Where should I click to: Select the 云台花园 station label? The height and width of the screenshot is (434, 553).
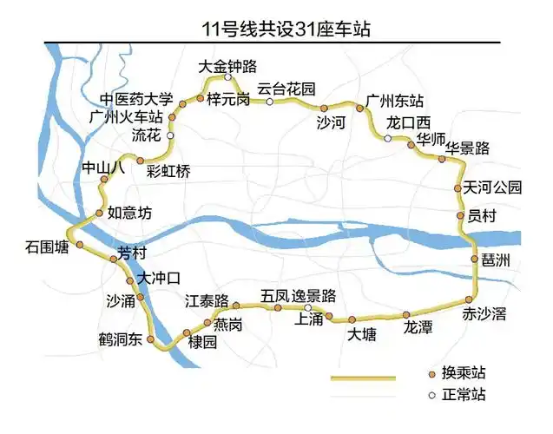(286, 89)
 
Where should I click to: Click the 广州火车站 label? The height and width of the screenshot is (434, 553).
(127, 116)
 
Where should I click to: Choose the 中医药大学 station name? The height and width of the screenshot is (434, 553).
(136, 98)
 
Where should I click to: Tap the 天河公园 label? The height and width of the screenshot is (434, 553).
(493, 187)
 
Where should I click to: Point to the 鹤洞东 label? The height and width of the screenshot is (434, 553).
(121, 339)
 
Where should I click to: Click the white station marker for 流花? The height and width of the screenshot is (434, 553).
(170, 136)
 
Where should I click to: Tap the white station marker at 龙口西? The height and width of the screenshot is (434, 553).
(388, 137)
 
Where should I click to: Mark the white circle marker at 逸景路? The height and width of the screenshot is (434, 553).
(307, 307)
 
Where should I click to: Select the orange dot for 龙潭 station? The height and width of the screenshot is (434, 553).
(405, 314)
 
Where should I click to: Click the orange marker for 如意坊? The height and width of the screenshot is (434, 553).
(99, 212)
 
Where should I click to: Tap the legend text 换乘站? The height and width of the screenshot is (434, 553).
(464, 372)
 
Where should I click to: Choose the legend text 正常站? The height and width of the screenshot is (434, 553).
(464, 395)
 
